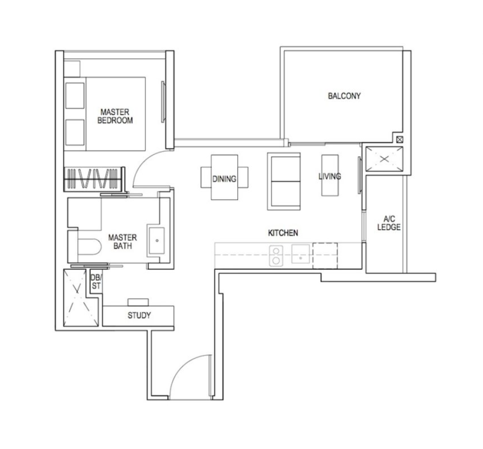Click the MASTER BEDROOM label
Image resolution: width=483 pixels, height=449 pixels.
[115, 116]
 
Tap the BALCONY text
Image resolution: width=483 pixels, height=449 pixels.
[344, 96]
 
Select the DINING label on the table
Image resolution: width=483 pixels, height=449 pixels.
[224, 179]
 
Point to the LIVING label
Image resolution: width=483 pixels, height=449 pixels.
[330, 176]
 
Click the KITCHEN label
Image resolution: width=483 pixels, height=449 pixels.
[283, 233]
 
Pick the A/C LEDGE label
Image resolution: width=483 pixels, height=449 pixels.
[389, 223]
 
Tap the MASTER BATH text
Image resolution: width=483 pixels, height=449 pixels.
[122, 242]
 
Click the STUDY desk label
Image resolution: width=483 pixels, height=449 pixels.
[139, 315]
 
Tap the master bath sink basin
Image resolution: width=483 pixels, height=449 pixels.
[156, 241]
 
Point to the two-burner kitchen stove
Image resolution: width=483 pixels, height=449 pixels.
[276, 255]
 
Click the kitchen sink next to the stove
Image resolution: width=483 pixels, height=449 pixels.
[301, 254]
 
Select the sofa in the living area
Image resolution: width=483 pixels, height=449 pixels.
[284, 181]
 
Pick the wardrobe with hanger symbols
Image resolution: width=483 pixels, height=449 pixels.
[93, 178]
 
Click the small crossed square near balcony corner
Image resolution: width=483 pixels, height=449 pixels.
[399, 139]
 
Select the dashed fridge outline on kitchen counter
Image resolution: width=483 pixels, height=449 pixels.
[325, 255]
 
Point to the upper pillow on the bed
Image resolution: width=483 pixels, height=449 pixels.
[75, 95]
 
